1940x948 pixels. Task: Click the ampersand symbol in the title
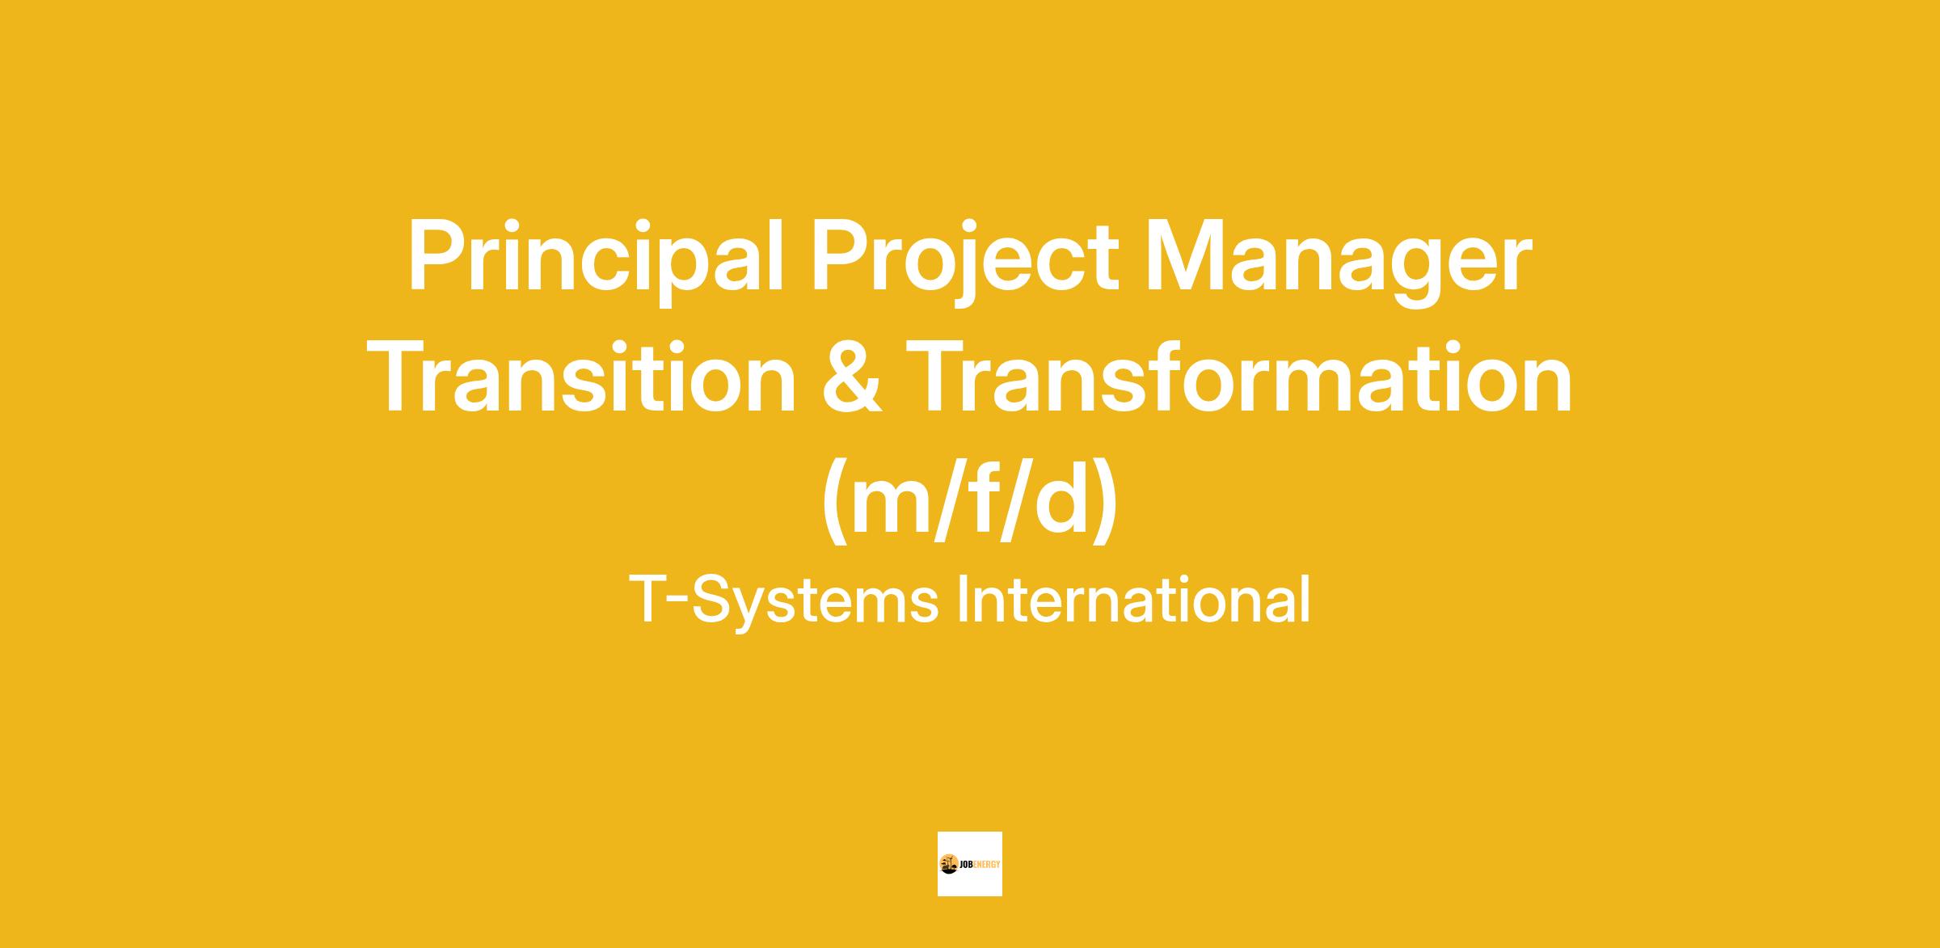click(852, 378)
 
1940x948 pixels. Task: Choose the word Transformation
click(1240, 378)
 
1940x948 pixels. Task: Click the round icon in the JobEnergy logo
click(949, 864)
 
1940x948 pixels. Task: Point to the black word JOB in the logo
click(967, 864)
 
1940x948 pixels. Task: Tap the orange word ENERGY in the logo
click(988, 864)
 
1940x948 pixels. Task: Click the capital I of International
click(963, 599)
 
